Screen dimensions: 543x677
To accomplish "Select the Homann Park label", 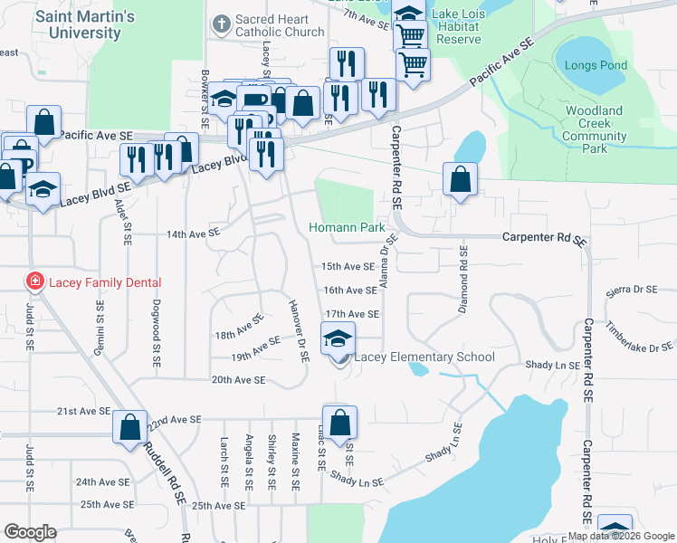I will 348,228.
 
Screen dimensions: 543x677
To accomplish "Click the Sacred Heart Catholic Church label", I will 279,25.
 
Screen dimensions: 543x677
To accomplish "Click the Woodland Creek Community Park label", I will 594,129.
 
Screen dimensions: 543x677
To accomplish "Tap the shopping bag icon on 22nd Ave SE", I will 129,424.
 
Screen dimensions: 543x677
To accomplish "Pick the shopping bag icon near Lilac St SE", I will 339,423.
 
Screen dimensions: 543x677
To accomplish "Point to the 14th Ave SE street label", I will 193,233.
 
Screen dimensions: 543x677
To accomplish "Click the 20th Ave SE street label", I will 238,381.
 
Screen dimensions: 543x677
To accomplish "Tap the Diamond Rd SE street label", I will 462,279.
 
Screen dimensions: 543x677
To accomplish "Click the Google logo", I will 30,532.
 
